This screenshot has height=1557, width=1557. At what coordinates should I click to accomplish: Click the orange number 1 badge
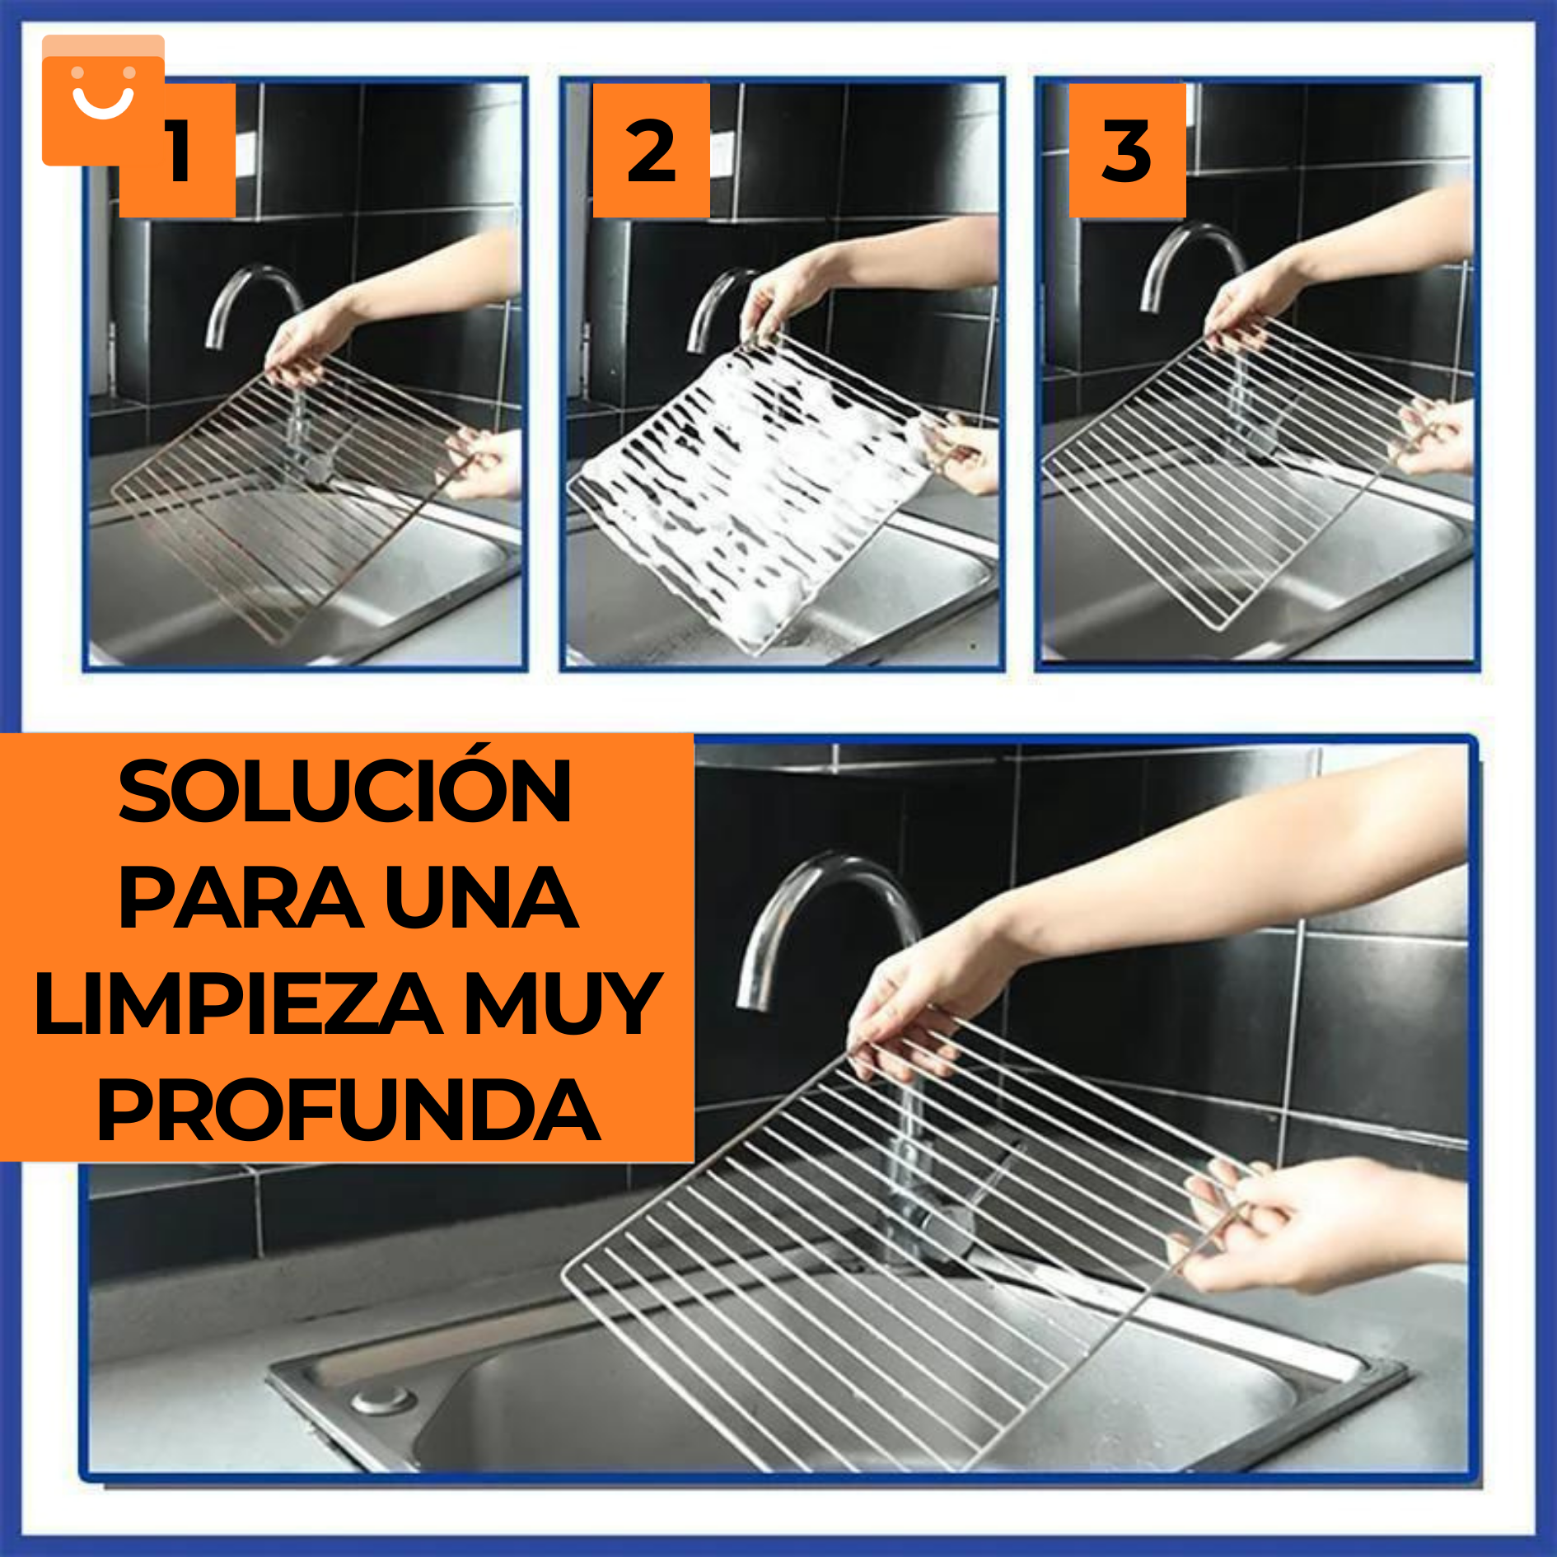[x=177, y=150]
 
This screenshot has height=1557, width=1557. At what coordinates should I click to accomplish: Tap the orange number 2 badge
[x=651, y=150]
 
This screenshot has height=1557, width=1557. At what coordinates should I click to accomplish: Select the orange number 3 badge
[x=1127, y=150]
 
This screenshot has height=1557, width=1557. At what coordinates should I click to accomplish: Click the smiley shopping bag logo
[x=103, y=100]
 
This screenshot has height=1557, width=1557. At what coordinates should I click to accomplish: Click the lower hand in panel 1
[x=486, y=461]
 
